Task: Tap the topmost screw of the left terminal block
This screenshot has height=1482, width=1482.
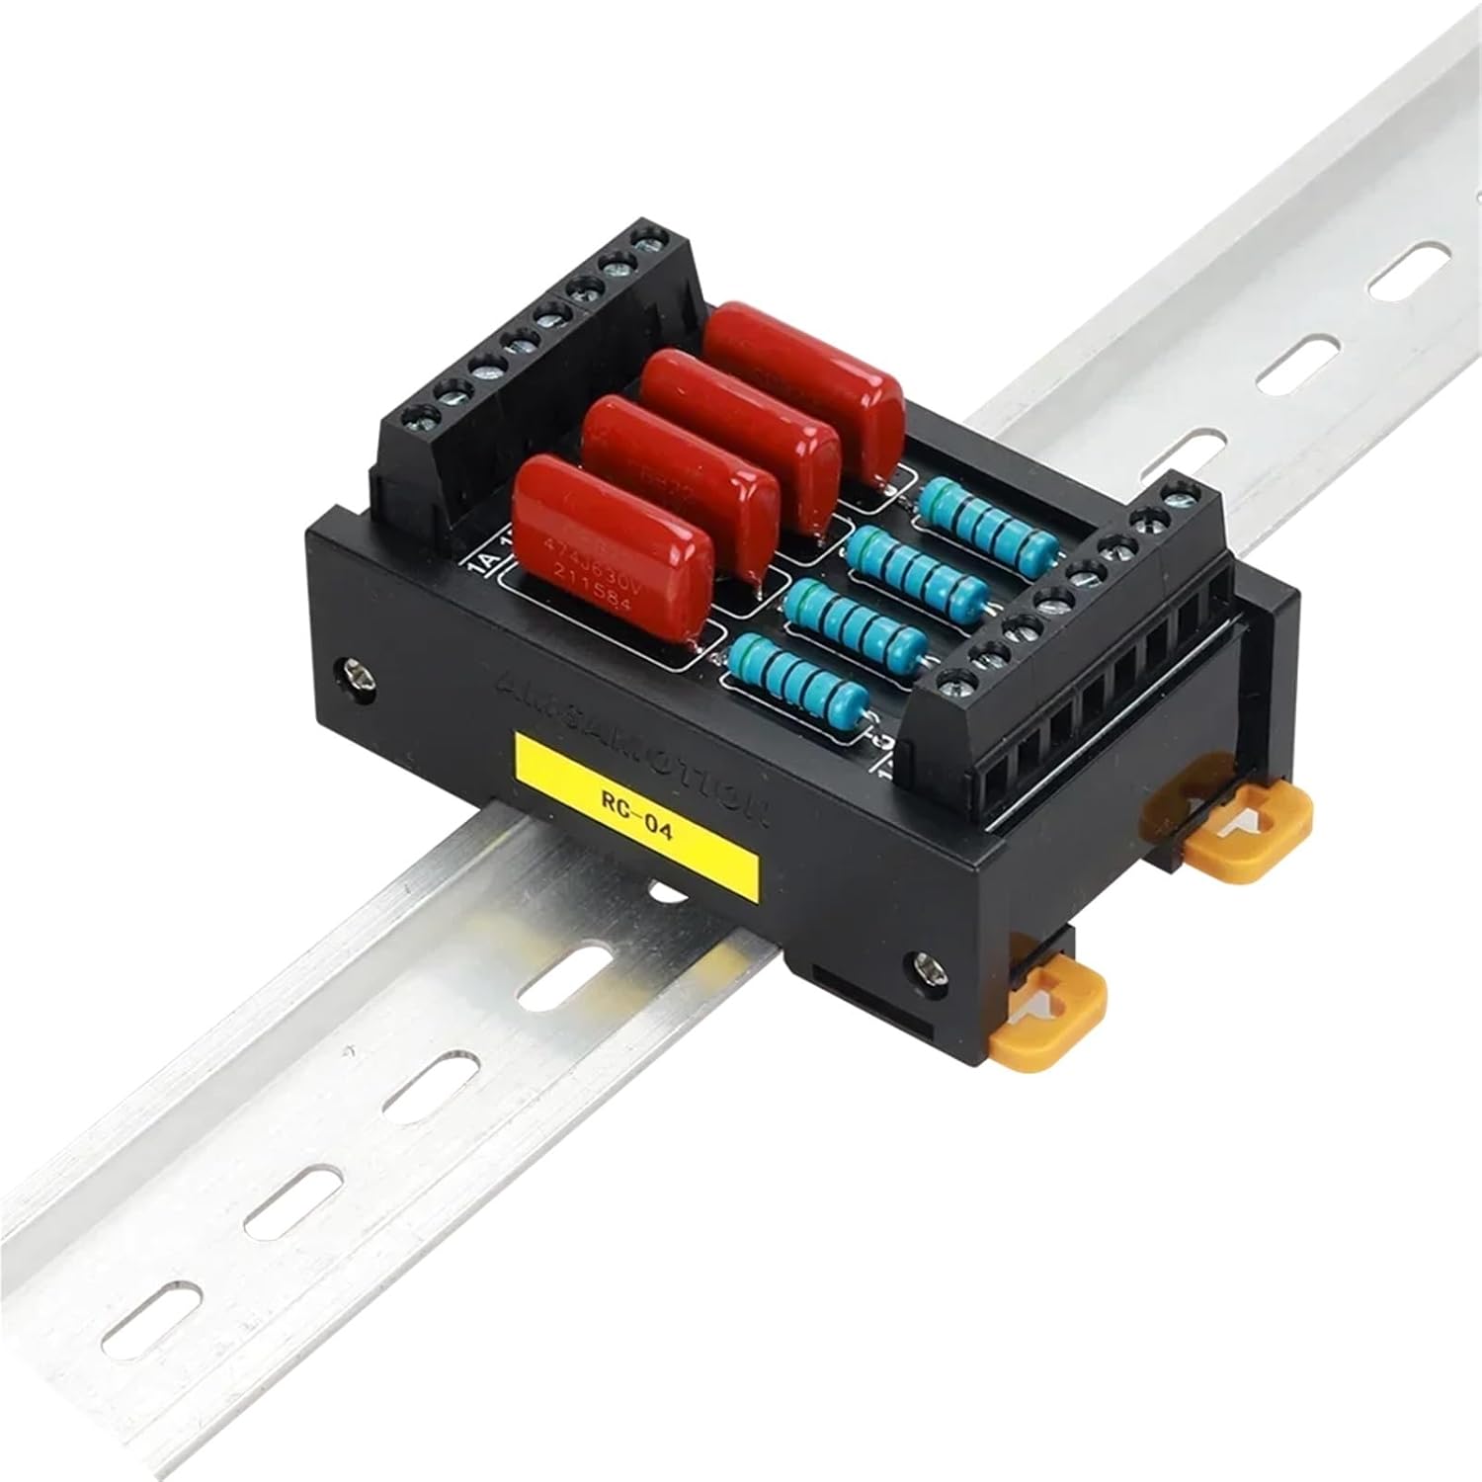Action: pos(649,238)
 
